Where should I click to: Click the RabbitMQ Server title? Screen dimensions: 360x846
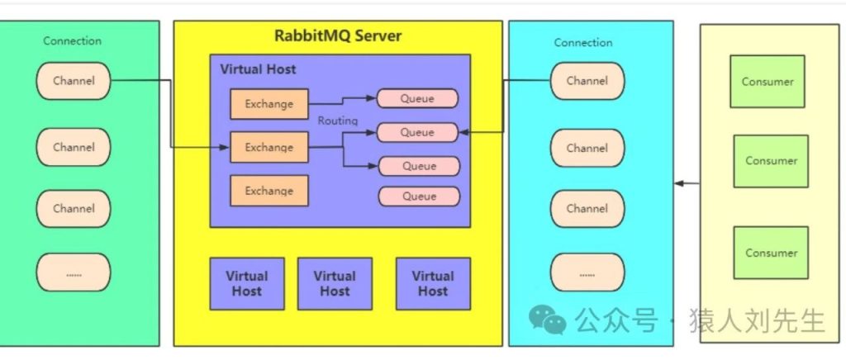[338, 36]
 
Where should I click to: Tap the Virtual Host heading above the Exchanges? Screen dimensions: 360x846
[258, 69]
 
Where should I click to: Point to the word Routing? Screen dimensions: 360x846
[338, 121]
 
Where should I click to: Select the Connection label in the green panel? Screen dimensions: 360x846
[73, 40]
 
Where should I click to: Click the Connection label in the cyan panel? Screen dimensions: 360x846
[583, 42]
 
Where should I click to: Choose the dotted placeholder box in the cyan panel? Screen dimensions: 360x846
[587, 272]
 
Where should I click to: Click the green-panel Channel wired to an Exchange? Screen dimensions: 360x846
[74, 81]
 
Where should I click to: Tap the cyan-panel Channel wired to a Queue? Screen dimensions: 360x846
[587, 81]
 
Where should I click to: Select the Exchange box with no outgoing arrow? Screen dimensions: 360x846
[269, 191]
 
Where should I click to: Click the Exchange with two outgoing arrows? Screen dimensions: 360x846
[269, 148]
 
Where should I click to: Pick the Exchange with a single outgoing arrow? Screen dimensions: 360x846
[269, 105]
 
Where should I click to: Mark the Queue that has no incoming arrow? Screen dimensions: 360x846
[420, 197]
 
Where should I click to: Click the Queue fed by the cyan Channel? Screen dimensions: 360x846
[417, 132]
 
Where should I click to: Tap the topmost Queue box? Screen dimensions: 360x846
[417, 98]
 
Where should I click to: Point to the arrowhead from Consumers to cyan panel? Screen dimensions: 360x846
[679, 182]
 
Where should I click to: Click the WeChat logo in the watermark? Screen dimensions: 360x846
[548, 318]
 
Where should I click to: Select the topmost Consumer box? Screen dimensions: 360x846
[768, 82]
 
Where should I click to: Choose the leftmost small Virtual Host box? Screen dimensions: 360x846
[247, 283]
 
